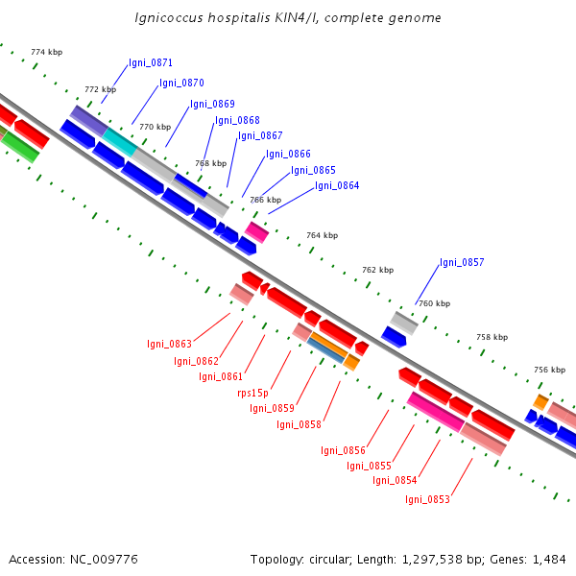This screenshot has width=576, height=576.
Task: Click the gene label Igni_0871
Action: click(x=151, y=62)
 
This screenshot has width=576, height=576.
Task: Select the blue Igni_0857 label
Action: click(x=462, y=262)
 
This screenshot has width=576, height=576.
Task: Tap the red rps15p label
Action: click(x=252, y=393)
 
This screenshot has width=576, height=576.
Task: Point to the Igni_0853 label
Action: click(x=427, y=499)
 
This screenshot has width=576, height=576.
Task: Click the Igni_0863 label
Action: click(x=169, y=344)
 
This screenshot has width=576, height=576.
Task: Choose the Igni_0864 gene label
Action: click(x=337, y=185)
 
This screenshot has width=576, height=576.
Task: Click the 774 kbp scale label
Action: click(x=47, y=52)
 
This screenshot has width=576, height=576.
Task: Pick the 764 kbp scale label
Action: click(x=323, y=235)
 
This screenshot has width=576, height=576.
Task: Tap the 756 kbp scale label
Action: click(x=549, y=370)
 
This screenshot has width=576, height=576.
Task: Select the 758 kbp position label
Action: click(x=492, y=337)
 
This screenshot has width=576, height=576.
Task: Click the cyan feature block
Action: click(x=120, y=142)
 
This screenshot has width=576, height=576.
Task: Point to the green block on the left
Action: click(x=20, y=147)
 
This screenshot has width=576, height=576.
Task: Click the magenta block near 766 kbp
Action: click(x=256, y=232)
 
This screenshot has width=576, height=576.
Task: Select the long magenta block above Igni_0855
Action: click(x=436, y=412)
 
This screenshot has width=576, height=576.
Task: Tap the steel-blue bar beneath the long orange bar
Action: click(x=325, y=350)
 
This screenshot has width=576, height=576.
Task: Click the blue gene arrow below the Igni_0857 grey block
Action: click(x=394, y=337)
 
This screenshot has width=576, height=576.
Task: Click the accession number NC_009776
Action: click(x=104, y=560)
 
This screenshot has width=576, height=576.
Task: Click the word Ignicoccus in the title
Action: click(x=169, y=18)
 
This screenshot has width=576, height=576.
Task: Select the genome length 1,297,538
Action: click(x=432, y=560)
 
